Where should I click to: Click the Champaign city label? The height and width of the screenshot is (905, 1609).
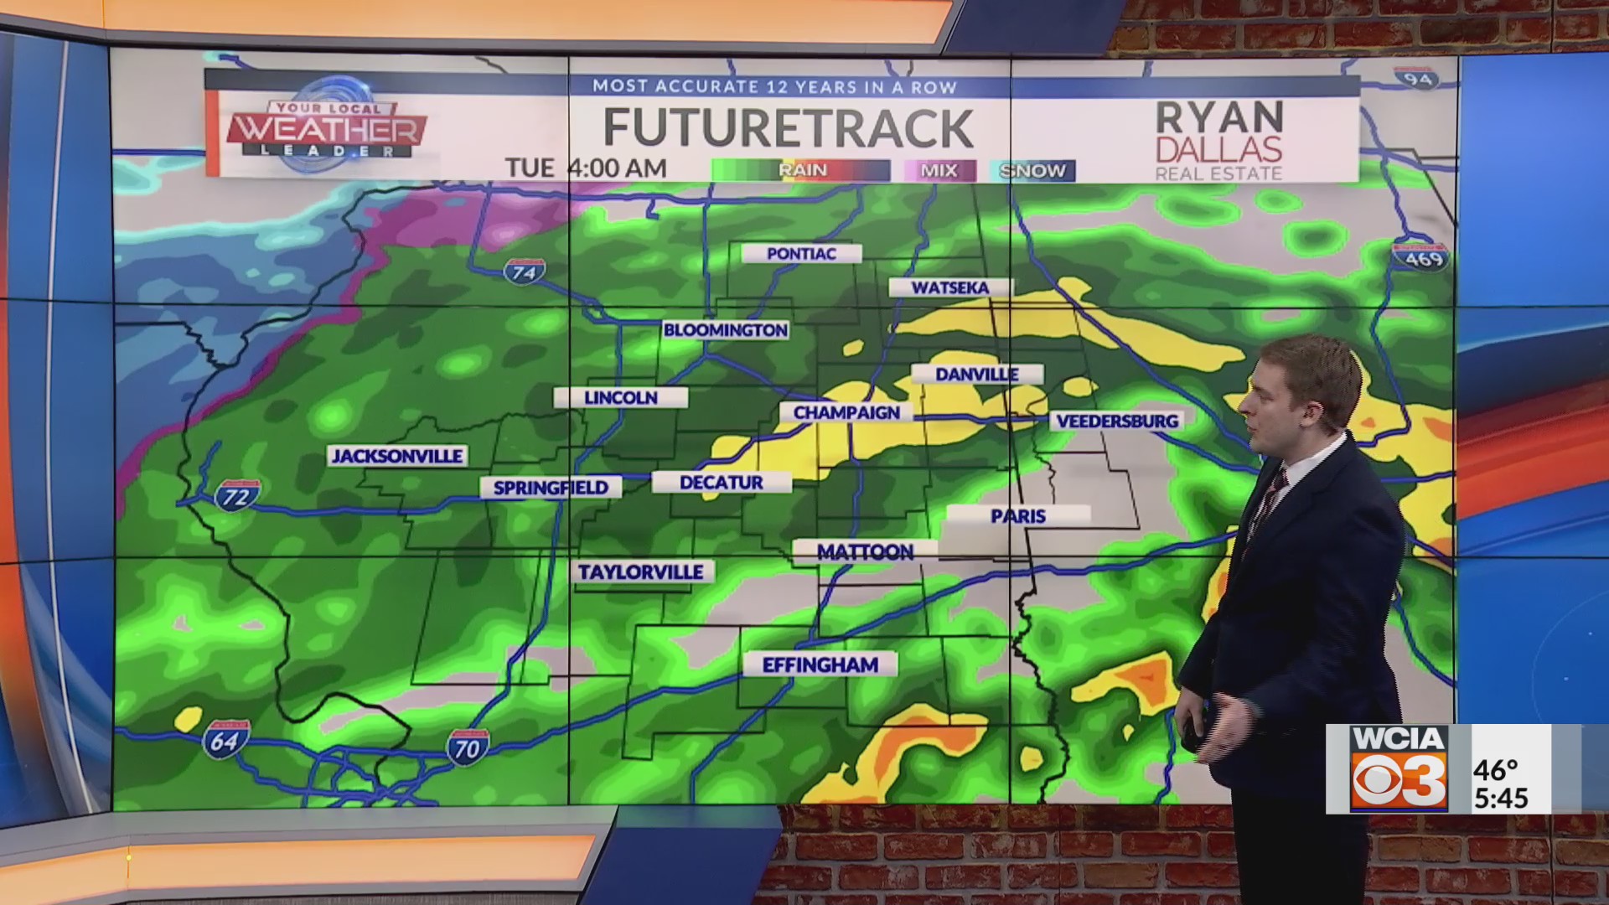click(846, 412)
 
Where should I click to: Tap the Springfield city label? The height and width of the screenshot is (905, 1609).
click(551, 488)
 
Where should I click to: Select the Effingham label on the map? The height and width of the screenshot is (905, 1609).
click(820, 665)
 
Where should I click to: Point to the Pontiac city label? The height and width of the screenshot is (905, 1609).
click(801, 253)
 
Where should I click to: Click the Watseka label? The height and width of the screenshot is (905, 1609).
click(950, 287)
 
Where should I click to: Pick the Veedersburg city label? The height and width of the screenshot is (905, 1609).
click(1117, 421)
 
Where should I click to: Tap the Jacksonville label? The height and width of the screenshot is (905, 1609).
click(397, 456)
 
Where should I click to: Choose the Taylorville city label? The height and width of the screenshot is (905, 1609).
click(641, 571)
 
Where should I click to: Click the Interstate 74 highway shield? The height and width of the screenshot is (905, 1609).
click(525, 271)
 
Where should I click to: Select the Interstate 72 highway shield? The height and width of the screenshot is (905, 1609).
click(237, 495)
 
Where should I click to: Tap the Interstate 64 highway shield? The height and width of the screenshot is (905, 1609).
click(225, 740)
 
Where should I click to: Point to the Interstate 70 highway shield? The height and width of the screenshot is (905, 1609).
click(467, 747)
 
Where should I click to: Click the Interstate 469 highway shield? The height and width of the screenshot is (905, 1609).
click(1424, 256)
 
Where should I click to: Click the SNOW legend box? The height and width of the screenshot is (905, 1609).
click(1032, 171)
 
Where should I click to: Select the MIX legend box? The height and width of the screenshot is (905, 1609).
click(939, 171)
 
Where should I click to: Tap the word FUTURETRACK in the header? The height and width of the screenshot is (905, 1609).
click(788, 127)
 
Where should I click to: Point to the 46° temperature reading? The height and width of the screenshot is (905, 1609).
click(1496, 768)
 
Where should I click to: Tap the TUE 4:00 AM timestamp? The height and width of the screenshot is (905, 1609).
click(586, 168)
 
